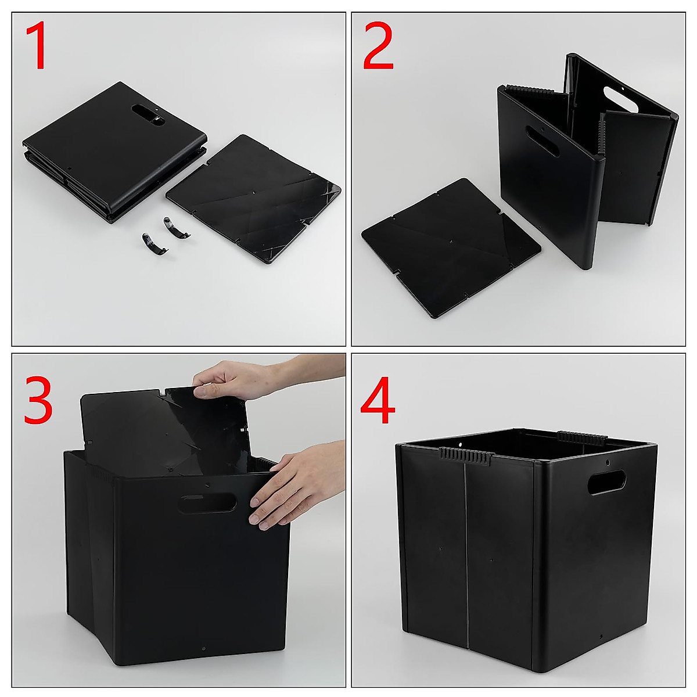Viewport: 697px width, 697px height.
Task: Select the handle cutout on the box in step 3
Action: [207, 503]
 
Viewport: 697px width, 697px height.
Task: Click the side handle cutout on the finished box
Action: [607, 483]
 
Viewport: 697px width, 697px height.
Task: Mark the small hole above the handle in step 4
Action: [608, 463]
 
